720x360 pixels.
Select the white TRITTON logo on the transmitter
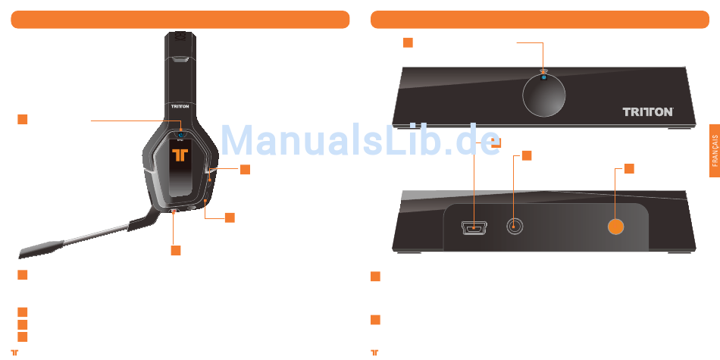[x=647, y=111]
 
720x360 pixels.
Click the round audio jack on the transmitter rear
[x=515, y=227]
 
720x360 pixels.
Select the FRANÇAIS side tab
[x=715, y=152]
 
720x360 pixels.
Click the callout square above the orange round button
[x=629, y=167]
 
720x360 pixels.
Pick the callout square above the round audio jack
[x=527, y=155]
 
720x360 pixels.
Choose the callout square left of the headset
[x=23, y=119]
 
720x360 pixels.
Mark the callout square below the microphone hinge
[x=175, y=249]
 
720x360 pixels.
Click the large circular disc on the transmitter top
[x=544, y=98]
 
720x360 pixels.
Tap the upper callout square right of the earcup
[x=245, y=169]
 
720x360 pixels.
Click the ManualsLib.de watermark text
[x=360, y=139]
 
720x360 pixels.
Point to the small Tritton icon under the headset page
[x=14, y=352]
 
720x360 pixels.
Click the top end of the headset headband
[x=180, y=36]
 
